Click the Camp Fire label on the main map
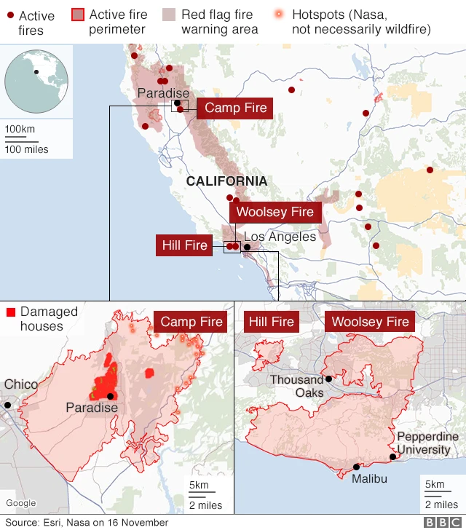pyautogui.click(x=235, y=108)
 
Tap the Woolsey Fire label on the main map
pyautogui.click(x=275, y=212)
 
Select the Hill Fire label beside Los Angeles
pyautogui.click(x=185, y=245)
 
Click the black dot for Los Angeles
pyautogui.click(x=247, y=247)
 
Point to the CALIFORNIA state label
pyautogui.click(x=226, y=181)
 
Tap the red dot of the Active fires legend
pyautogui.click(x=9, y=15)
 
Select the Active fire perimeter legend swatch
pyautogui.click(x=78, y=15)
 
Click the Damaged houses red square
pyautogui.click(x=11, y=313)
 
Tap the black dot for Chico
pyautogui.click(x=7, y=405)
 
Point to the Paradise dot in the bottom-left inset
pyautogui.click(x=110, y=396)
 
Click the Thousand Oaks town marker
pyautogui.click(x=328, y=379)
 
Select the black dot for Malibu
pyautogui.click(x=356, y=467)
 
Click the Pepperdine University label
pyautogui.click(x=427, y=443)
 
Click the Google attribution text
pyautogui.click(x=20, y=503)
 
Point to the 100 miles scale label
pyautogui.click(x=27, y=149)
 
